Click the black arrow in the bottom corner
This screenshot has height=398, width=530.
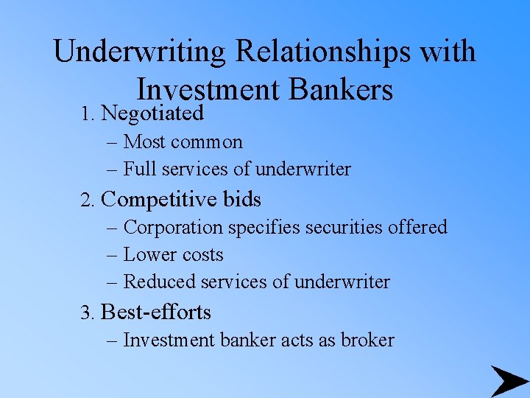pyautogui.click(x=508, y=381)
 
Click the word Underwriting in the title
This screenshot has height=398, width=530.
pyautogui.click(x=140, y=52)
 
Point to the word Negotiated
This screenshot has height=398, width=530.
pyautogui.click(x=152, y=114)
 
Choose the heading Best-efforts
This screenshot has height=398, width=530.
pyautogui.click(x=156, y=313)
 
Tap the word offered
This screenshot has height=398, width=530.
pyautogui.click(x=418, y=227)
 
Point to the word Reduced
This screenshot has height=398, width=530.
pyautogui.click(x=155, y=282)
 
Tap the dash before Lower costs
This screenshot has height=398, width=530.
pyautogui.click(x=113, y=255)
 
